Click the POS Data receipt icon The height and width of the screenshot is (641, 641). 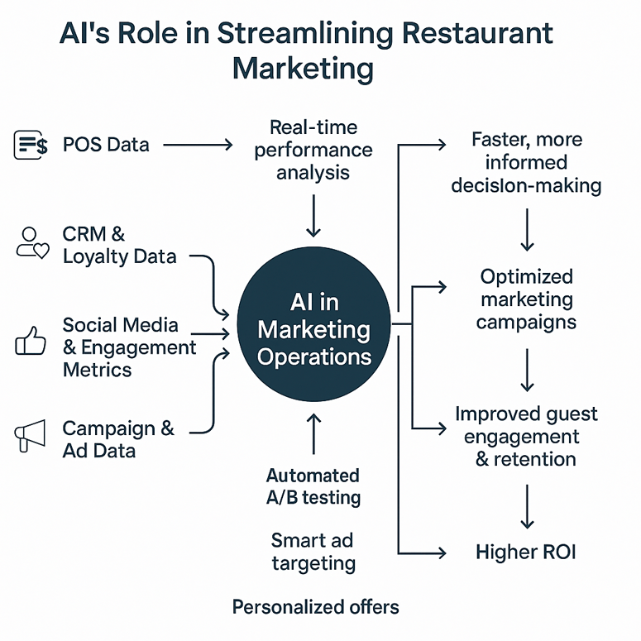(x=31, y=145)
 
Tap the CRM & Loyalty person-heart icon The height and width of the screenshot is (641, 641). (x=32, y=243)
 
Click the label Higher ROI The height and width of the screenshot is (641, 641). (x=525, y=552)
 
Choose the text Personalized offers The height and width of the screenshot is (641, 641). (x=315, y=607)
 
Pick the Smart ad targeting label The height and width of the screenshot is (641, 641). (x=313, y=552)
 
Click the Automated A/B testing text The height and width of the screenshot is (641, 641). (x=313, y=486)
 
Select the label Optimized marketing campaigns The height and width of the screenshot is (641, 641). (x=527, y=299)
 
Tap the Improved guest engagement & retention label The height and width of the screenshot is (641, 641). (x=526, y=436)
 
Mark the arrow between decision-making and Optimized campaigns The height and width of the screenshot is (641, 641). (x=527, y=230)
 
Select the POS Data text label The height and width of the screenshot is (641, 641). (x=106, y=145)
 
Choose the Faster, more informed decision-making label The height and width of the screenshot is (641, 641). (x=526, y=162)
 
